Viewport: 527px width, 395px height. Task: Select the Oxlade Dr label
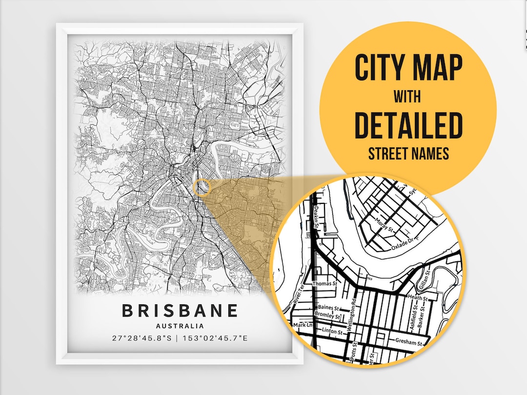tap(403, 244)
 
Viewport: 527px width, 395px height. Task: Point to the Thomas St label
tap(324, 283)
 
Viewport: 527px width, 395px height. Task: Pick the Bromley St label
tap(328, 316)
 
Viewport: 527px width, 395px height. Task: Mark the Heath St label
tap(418, 297)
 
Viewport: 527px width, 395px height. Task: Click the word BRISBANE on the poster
tap(180, 311)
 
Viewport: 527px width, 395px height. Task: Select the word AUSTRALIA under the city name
tap(180, 326)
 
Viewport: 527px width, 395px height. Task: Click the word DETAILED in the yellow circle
tap(408, 125)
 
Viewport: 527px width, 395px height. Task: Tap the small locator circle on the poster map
tap(202, 187)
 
